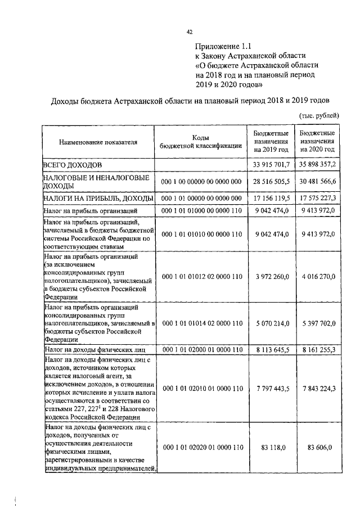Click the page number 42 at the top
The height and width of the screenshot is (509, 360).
(x=190, y=32)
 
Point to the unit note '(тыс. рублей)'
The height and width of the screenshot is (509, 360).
(x=318, y=115)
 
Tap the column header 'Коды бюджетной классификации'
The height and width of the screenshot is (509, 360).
(x=201, y=142)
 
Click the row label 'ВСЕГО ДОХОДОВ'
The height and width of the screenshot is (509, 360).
(x=73, y=165)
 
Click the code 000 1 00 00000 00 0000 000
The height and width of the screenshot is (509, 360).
(x=201, y=182)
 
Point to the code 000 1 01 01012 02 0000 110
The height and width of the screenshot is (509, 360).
(x=201, y=277)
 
